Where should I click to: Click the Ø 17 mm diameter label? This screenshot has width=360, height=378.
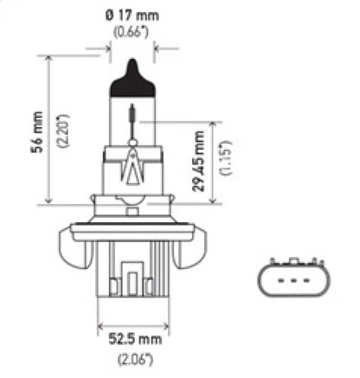tap(132, 16)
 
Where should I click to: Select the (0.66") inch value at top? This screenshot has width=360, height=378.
tap(132, 33)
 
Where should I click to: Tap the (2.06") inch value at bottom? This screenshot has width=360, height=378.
tap(131, 356)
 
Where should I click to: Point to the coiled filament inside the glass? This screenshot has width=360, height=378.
tap(132, 113)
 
